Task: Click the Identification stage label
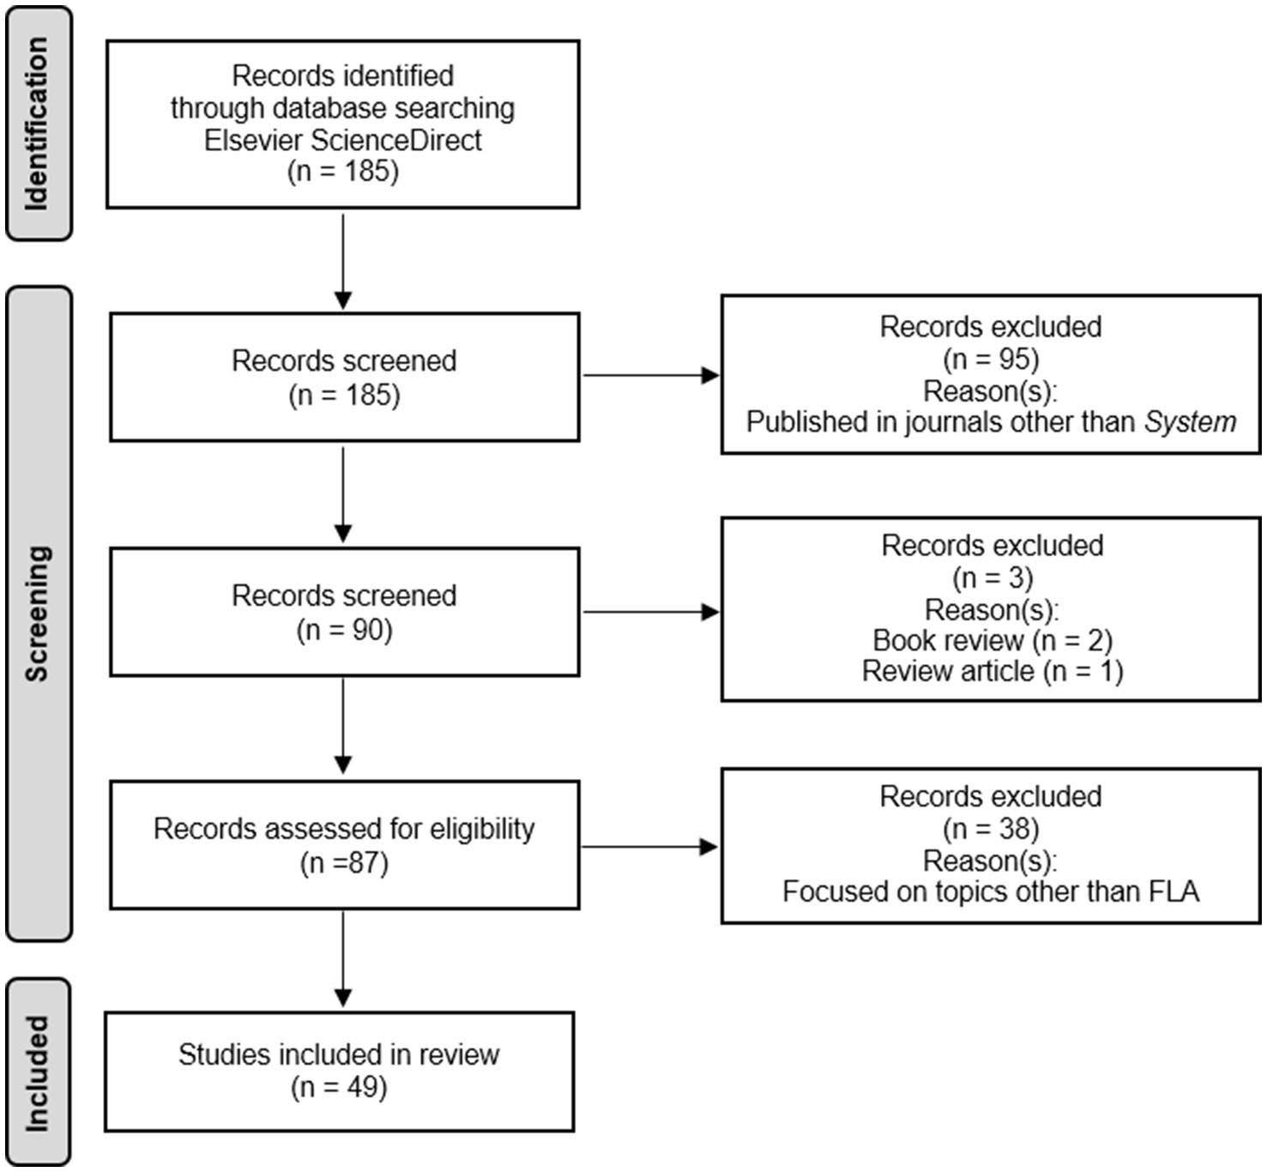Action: pos(37,123)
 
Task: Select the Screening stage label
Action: pos(37,613)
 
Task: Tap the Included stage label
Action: pos(37,1072)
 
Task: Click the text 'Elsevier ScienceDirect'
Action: pos(342,140)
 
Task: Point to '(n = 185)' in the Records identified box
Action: pos(342,172)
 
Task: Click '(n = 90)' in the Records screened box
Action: pos(344,630)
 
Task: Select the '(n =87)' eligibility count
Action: pos(344,862)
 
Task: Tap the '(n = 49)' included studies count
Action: pos(339,1087)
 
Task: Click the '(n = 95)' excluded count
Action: pos(990,359)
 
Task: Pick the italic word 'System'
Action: pos(1190,422)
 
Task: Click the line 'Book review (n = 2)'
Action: pos(992,640)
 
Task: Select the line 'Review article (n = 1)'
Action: pos(992,671)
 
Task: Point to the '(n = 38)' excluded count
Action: pos(990,829)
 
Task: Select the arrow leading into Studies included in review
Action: pos(342,959)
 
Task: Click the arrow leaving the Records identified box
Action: pos(342,261)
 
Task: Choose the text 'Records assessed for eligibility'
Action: pos(344,829)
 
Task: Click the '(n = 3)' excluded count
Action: pos(992,578)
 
